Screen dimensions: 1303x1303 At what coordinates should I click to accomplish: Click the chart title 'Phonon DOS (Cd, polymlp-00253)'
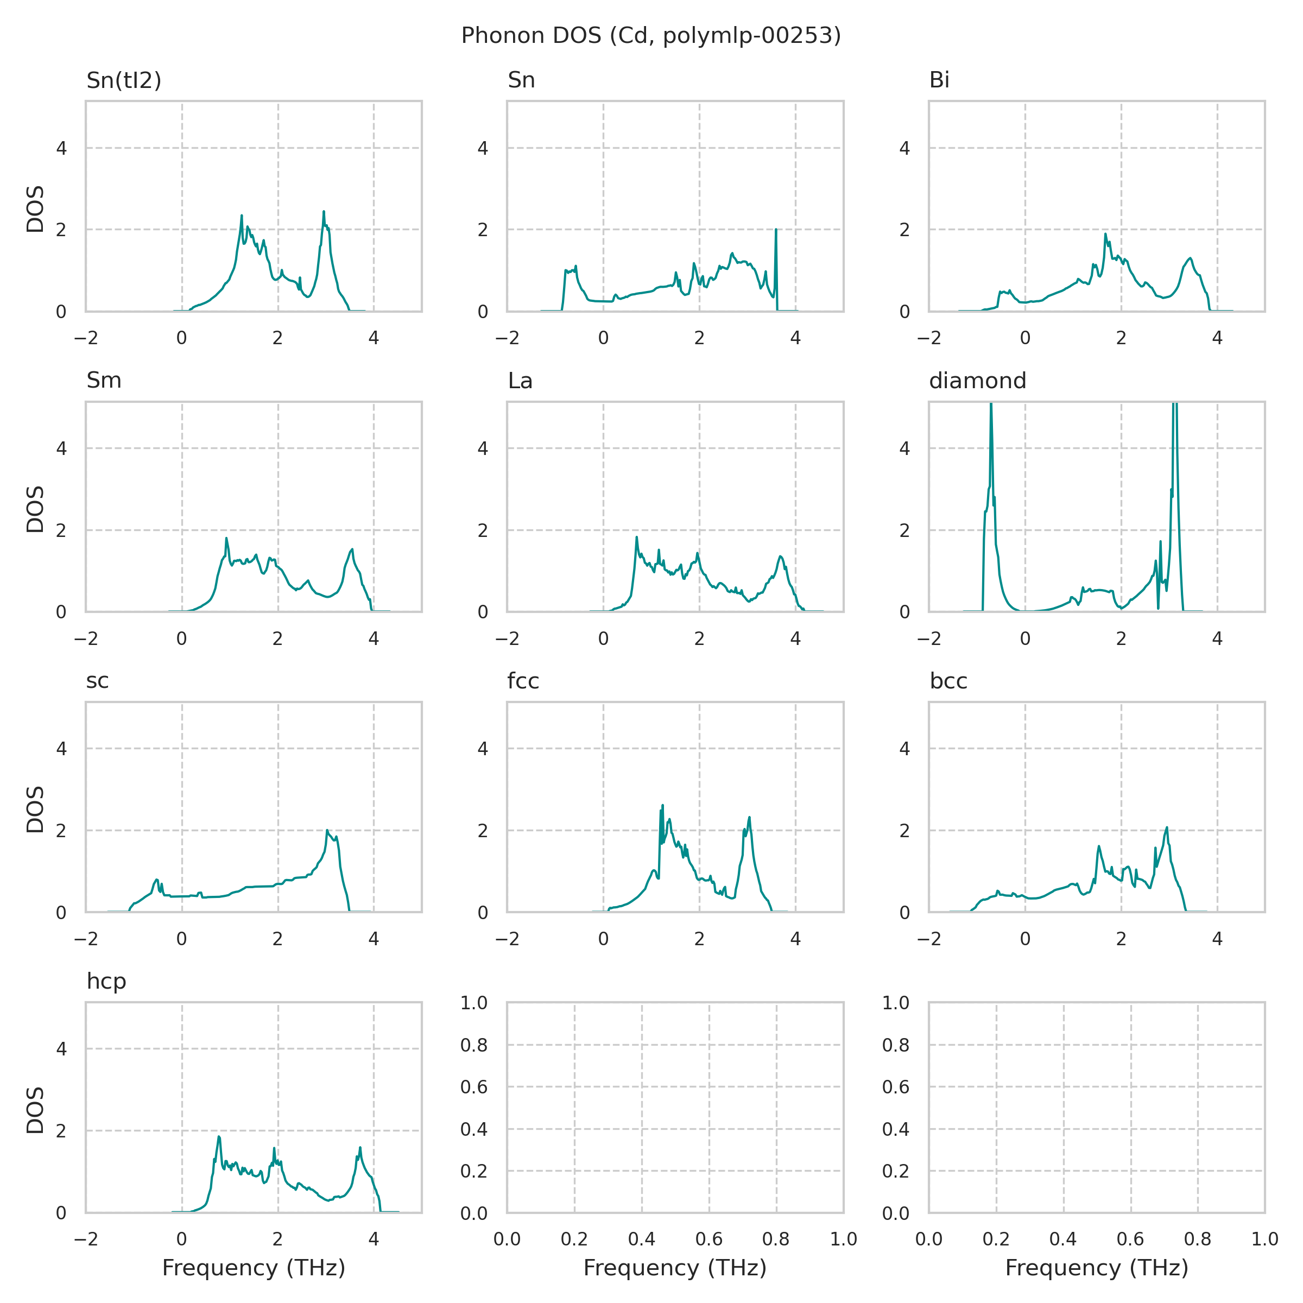pyautogui.click(x=651, y=36)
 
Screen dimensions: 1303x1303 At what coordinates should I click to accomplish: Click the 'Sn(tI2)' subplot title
pyautogui.click(x=124, y=80)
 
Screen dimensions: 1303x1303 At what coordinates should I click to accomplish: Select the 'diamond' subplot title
pyautogui.click(x=977, y=381)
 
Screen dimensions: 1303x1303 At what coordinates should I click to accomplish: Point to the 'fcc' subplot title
pyautogui.click(x=523, y=681)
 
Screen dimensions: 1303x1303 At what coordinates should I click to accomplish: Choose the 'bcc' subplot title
pyautogui.click(x=948, y=681)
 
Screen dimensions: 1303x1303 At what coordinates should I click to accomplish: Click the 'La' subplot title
pyautogui.click(x=520, y=381)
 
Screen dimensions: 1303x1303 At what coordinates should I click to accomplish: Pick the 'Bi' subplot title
pyautogui.click(x=939, y=80)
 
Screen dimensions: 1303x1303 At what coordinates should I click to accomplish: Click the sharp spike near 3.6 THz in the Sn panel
pyautogui.click(x=776, y=231)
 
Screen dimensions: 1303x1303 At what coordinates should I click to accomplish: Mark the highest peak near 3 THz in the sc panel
pyautogui.click(x=327, y=831)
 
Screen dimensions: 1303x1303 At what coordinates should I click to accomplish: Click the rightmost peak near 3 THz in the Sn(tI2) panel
pyautogui.click(x=324, y=212)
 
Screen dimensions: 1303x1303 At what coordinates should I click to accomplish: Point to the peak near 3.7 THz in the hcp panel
pyautogui.click(x=360, y=1148)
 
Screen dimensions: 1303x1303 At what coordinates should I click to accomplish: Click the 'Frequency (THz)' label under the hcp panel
pyautogui.click(x=254, y=1268)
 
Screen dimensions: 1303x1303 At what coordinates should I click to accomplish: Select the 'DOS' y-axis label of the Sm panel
pyautogui.click(x=35, y=509)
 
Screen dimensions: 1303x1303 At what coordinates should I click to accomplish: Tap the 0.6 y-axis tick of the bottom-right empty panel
pyautogui.click(x=896, y=1087)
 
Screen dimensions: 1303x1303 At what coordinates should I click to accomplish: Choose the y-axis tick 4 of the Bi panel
pyautogui.click(x=904, y=148)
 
